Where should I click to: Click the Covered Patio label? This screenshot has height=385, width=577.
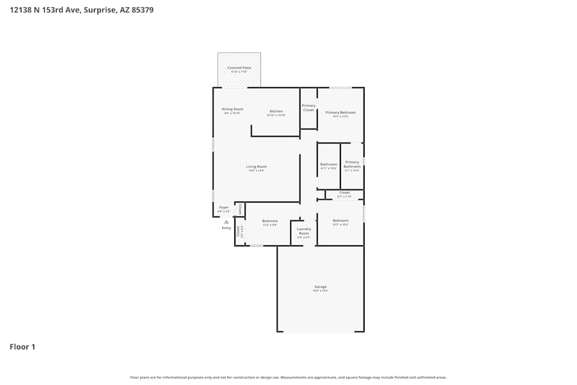[x=239, y=68]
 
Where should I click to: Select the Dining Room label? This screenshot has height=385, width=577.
[x=233, y=109]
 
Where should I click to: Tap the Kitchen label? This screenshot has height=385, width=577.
[x=276, y=111]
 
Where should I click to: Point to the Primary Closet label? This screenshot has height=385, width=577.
[x=309, y=107]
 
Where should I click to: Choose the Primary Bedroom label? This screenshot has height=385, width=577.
[x=340, y=113]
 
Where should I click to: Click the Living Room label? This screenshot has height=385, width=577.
[x=256, y=167]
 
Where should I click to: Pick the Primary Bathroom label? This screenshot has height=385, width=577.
[x=352, y=165]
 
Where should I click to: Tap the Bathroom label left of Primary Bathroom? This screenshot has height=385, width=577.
[x=328, y=165]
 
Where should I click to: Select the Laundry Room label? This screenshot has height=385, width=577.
[x=304, y=231]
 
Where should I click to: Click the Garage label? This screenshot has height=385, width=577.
[x=320, y=287]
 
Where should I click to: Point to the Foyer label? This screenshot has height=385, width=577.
[x=224, y=207]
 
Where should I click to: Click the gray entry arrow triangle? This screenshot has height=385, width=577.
[x=226, y=222]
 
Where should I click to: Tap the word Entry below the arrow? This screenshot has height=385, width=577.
[x=226, y=228]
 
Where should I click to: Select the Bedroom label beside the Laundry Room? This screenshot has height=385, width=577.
[x=269, y=221]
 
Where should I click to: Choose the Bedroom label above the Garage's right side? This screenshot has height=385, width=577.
[x=340, y=220]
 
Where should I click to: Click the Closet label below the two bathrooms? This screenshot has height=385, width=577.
[x=344, y=193]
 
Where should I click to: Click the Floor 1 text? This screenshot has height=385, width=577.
[x=23, y=347]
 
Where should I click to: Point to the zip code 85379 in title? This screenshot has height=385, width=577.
[x=142, y=10]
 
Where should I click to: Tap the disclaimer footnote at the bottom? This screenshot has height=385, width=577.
[x=288, y=377]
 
